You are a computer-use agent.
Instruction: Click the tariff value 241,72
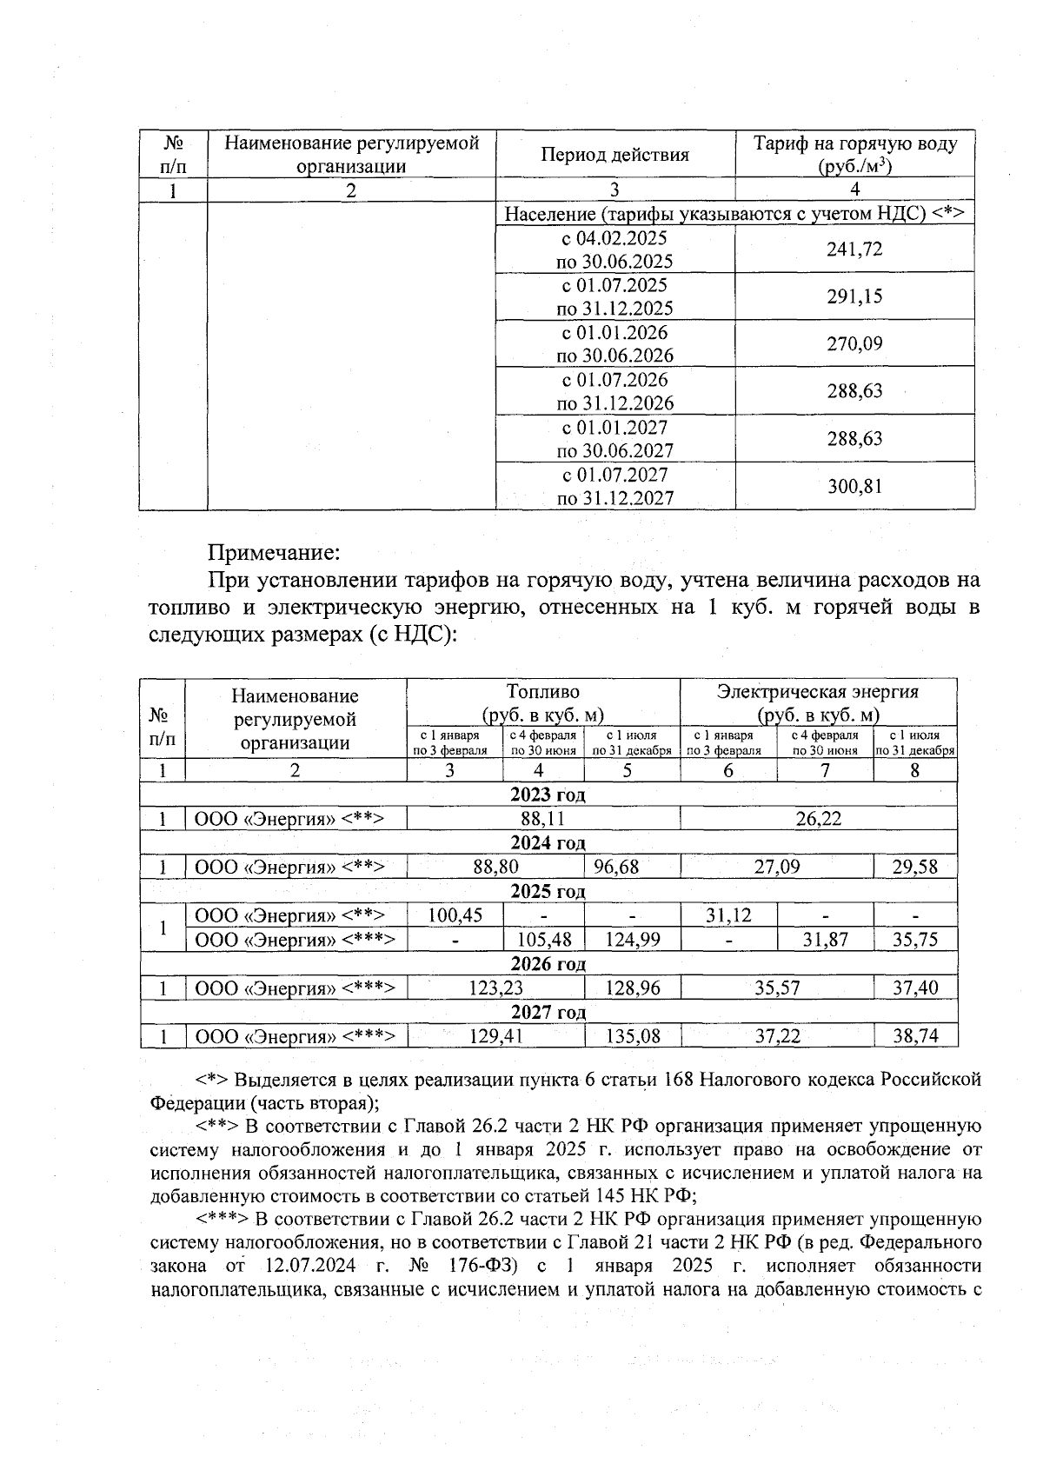coord(854,249)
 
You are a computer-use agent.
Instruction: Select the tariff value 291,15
coord(854,296)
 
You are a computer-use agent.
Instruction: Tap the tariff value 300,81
coord(854,486)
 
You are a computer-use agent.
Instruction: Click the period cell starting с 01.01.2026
coord(615,343)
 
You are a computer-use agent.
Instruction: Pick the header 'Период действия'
coord(615,155)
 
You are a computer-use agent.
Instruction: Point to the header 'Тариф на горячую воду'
coord(854,143)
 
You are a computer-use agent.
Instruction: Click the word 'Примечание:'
coord(273,552)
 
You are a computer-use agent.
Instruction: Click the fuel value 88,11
coord(543,818)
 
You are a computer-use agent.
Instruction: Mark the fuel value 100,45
coord(455,915)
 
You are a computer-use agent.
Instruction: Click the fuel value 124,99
coord(632,939)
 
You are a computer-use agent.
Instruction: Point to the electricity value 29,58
coord(914,867)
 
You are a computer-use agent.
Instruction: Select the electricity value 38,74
coord(914,1036)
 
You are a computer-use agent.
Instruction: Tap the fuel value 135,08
coord(632,1036)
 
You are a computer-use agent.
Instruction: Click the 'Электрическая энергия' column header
coord(817,692)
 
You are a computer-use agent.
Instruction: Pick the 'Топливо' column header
coord(542,692)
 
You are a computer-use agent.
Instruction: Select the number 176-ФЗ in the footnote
coord(481,1265)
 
